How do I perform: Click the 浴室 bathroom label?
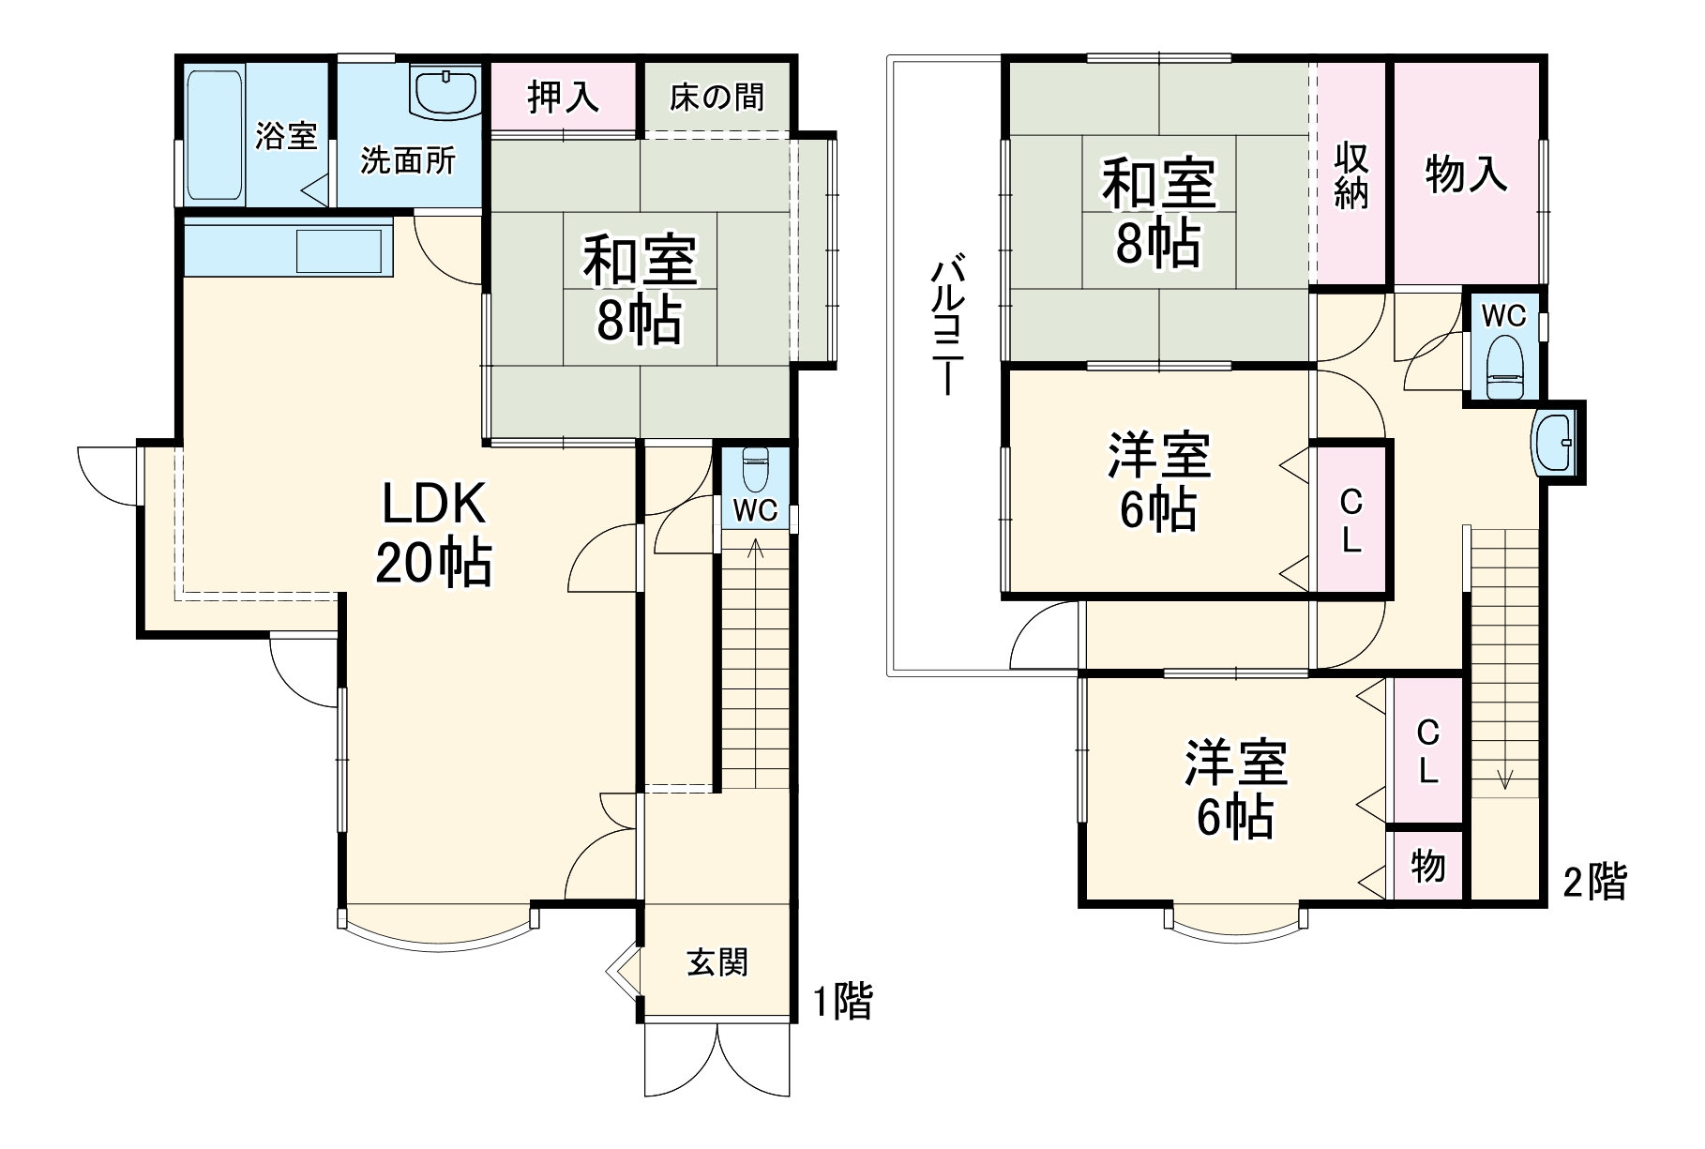(x=286, y=137)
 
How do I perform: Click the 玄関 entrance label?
(x=717, y=962)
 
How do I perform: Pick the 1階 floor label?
(x=841, y=1001)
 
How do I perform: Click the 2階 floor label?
(x=1594, y=882)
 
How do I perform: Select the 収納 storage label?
(x=1350, y=174)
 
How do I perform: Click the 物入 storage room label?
(x=1466, y=174)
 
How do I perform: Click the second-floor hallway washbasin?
(x=1554, y=443)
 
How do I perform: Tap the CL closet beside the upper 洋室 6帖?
(x=1350, y=521)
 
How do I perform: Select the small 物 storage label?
(x=1427, y=866)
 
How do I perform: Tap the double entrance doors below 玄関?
(x=717, y=1060)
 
